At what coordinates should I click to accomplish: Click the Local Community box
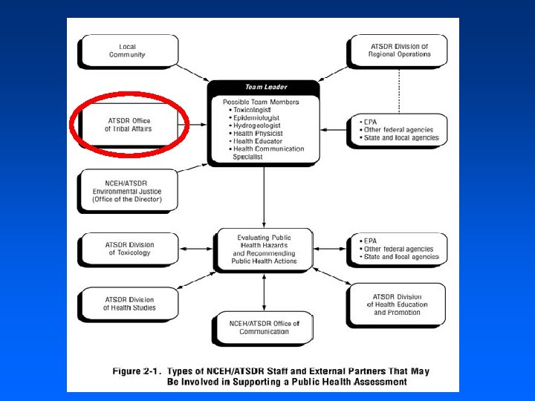point(127,51)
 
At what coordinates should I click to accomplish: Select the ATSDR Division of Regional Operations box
point(400,50)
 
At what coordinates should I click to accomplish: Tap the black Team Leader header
point(265,87)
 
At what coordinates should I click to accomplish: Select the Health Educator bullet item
point(259,141)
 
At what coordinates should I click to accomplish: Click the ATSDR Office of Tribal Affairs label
point(129,124)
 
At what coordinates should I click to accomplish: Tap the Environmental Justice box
point(127,192)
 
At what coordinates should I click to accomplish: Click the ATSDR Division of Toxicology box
point(129,249)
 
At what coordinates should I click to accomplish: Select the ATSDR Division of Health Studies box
point(129,304)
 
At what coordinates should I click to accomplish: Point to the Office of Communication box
point(264,327)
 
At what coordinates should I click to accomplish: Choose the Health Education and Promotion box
point(397,304)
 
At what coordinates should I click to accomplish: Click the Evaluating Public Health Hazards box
point(264,250)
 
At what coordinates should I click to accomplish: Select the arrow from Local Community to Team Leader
point(194,72)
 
